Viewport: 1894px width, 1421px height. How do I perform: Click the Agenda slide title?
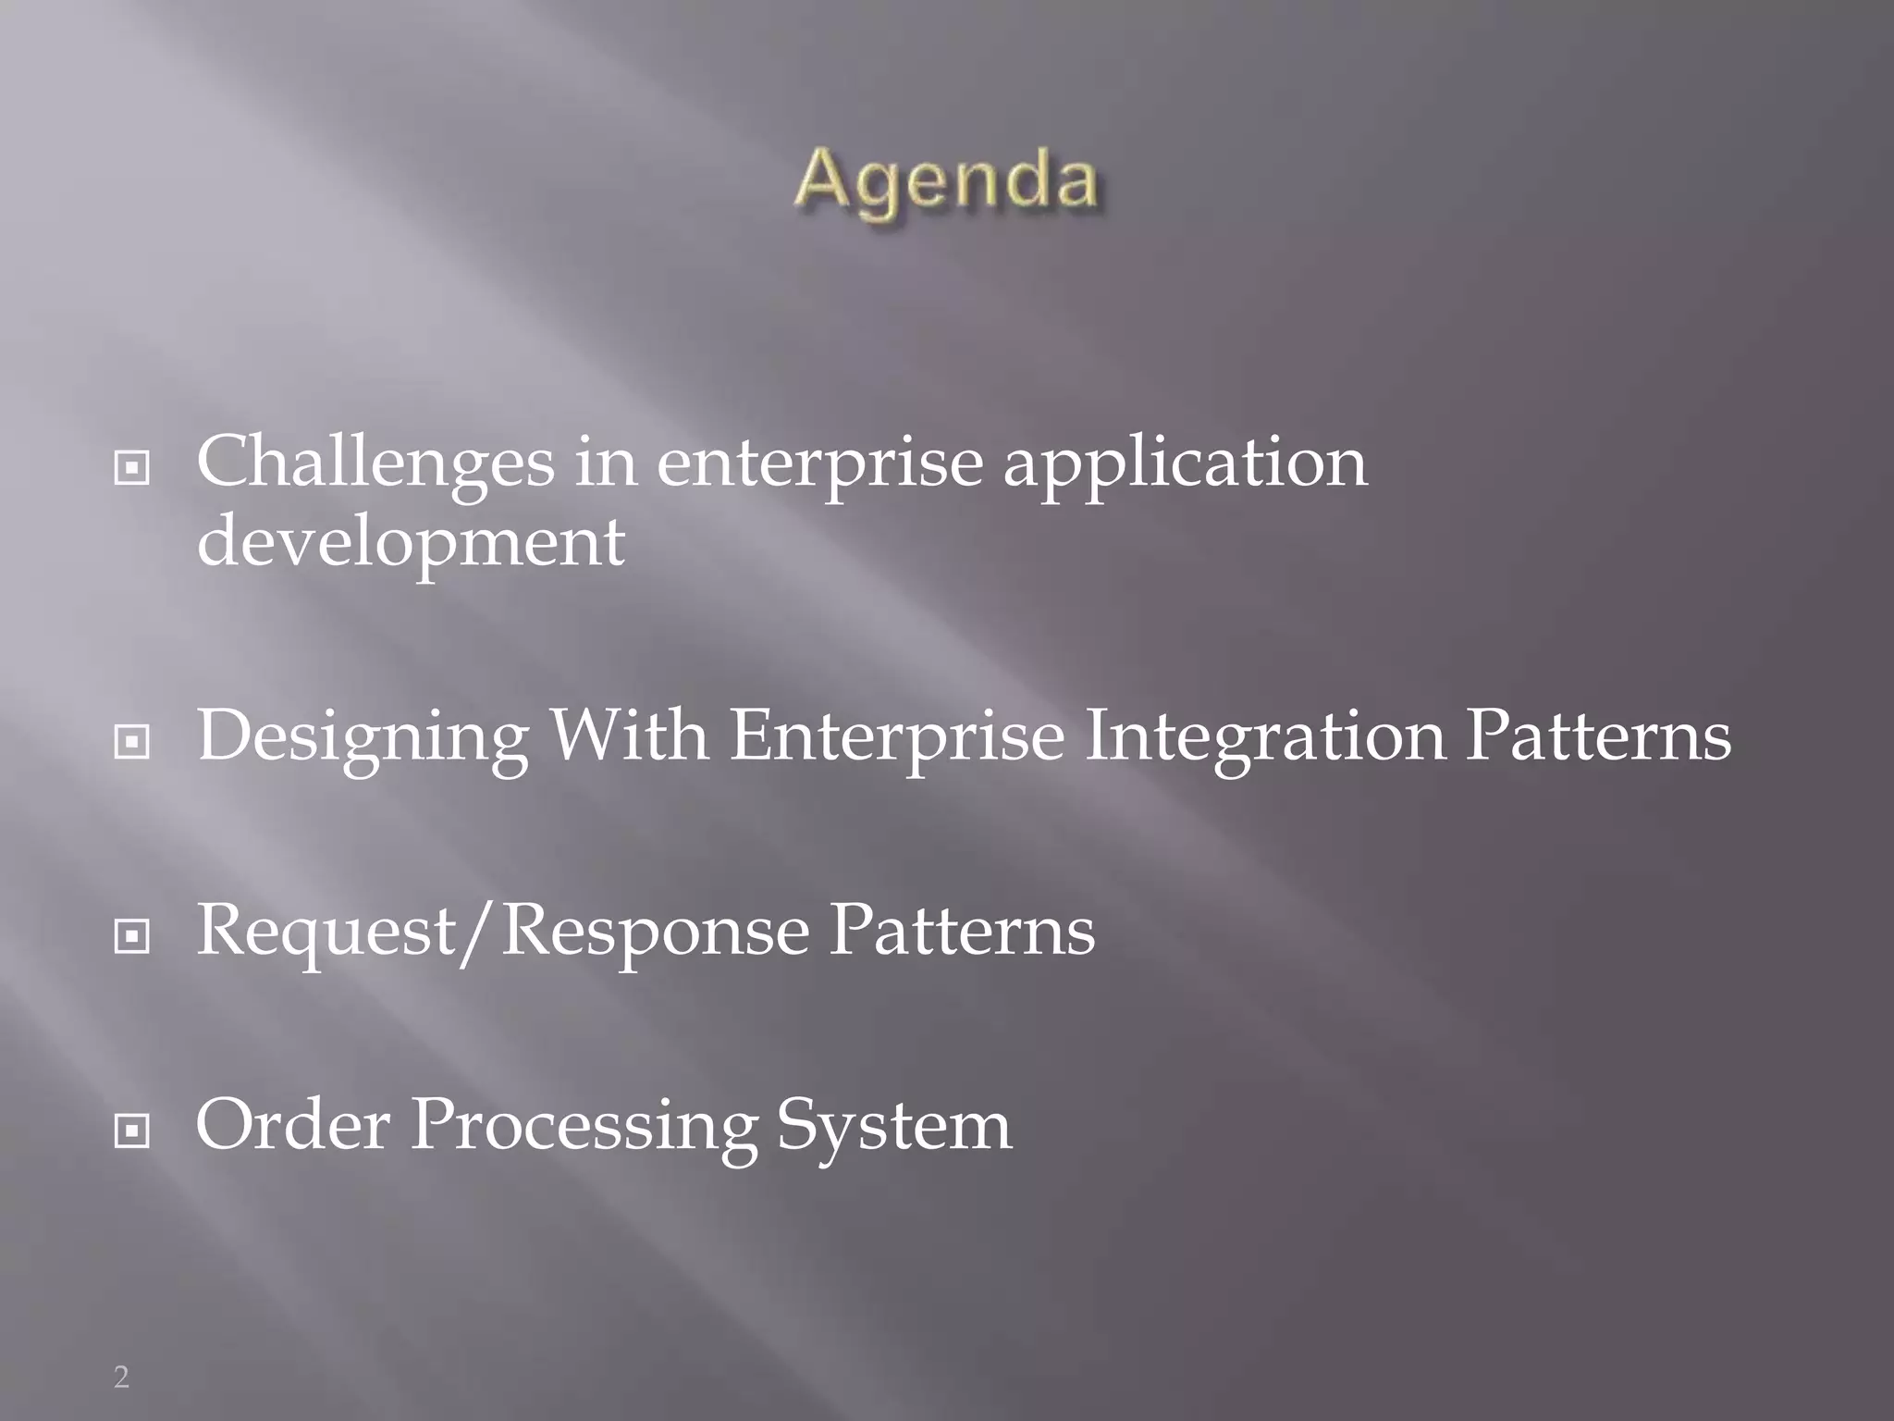click(x=945, y=181)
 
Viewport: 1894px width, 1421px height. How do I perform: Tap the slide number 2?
click(x=121, y=1378)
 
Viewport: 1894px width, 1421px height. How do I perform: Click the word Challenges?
click(x=375, y=463)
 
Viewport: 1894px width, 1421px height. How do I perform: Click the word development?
click(x=411, y=544)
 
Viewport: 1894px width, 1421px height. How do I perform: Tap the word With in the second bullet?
click(x=629, y=735)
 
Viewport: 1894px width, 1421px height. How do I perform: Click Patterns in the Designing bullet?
click(x=1598, y=736)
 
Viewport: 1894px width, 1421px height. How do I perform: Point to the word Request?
click(x=326, y=933)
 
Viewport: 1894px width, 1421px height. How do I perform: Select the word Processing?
click(x=584, y=1127)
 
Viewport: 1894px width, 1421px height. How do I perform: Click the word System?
click(x=893, y=1127)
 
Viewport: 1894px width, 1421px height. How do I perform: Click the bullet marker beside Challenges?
click(x=131, y=470)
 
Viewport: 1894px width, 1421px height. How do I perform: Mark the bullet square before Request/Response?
click(x=131, y=938)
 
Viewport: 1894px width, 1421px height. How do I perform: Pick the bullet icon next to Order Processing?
click(x=131, y=1131)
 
